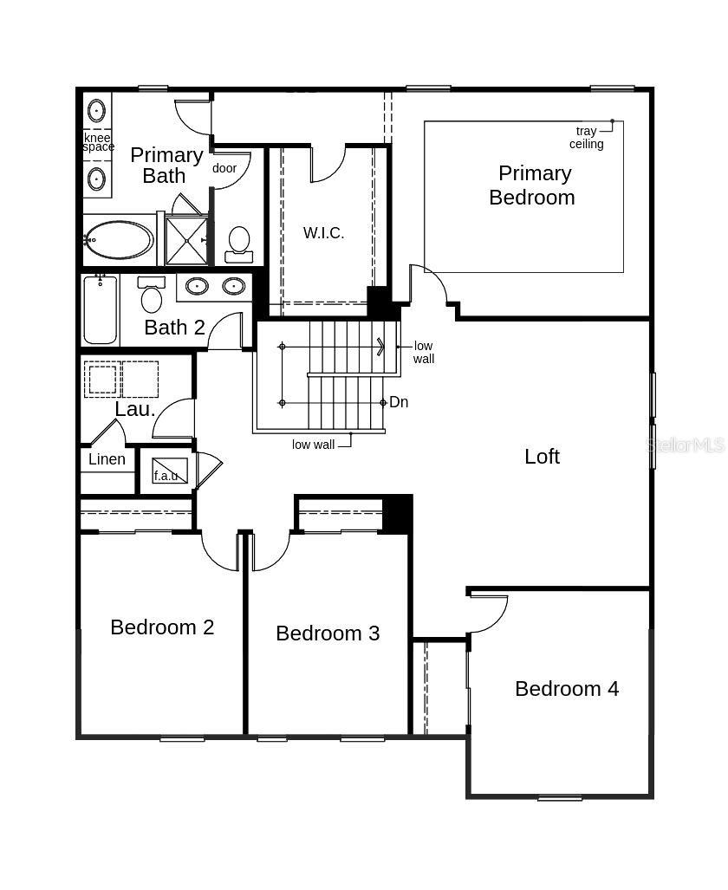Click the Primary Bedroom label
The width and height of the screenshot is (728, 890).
click(x=532, y=185)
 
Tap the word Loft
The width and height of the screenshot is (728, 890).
click(x=542, y=456)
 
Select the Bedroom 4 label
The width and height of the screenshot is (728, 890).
click(x=567, y=688)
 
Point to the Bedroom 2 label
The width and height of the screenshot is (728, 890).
click(x=162, y=627)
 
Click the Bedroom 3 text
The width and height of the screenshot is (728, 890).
click(x=328, y=633)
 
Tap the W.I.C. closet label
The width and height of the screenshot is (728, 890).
click(x=323, y=232)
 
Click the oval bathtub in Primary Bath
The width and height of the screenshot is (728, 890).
click(x=120, y=240)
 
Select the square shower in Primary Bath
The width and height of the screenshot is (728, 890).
click(x=186, y=240)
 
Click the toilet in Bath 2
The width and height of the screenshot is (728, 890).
click(x=152, y=296)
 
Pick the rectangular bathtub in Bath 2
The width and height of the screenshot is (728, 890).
click(x=101, y=309)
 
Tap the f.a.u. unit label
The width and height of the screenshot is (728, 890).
click(x=166, y=475)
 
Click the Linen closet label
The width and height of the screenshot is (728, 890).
click(x=107, y=459)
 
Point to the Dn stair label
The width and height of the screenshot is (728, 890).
click(x=399, y=402)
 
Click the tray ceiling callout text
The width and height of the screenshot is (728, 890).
click(x=587, y=138)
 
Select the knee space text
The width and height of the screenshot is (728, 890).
click(x=98, y=142)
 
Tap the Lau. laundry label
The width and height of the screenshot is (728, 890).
click(x=135, y=409)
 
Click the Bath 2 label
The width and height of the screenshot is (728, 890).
click(x=174, y=327)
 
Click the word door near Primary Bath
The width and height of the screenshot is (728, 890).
click(x=224, y=168)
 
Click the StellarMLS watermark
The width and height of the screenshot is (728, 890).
click(x=686, y=445)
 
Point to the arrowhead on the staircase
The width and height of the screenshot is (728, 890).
click(x=380, y=347)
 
